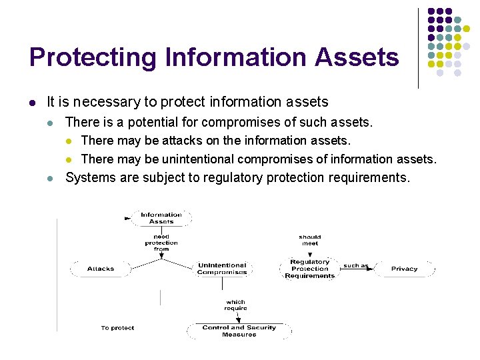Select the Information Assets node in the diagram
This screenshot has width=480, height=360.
161,218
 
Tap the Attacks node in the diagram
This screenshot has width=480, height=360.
101,269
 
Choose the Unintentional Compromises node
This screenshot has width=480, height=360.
222,269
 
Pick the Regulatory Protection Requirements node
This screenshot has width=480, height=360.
309,269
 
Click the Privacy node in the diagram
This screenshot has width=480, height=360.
404,269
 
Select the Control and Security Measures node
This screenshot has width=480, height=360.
239,331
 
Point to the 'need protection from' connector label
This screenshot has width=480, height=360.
161,243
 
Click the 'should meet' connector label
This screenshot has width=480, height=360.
309,240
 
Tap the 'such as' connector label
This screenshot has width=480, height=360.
355,266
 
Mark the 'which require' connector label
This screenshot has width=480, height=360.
235,305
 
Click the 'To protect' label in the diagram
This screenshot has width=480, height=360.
117,328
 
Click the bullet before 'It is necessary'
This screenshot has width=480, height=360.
32,103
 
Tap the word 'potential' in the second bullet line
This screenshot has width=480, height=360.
153,122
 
